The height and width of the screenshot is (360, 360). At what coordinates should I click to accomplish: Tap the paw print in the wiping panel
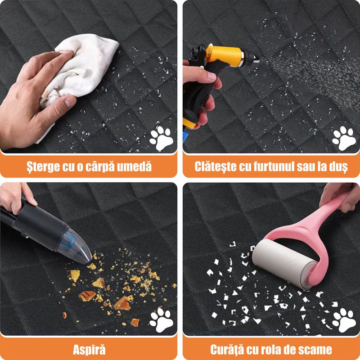click(x=161, y=137)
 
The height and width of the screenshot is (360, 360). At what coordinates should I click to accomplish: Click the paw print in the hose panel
click(x=343, y=137)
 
